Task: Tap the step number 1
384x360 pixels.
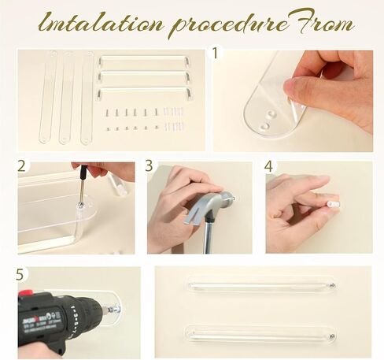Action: tap(218, 54)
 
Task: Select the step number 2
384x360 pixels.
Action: tap(22, 166)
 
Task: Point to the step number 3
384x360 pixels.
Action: tap(150, 167)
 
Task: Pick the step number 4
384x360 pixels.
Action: tap(269, 167)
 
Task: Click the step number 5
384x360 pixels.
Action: tap(20, 274)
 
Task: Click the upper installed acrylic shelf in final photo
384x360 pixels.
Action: tap(262, 283)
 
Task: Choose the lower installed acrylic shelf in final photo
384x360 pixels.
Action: tap(262, 333)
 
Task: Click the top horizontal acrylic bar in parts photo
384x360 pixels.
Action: tap(143, 61)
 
